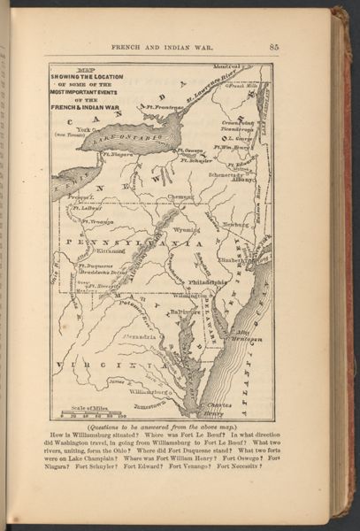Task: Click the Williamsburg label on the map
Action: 151,390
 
